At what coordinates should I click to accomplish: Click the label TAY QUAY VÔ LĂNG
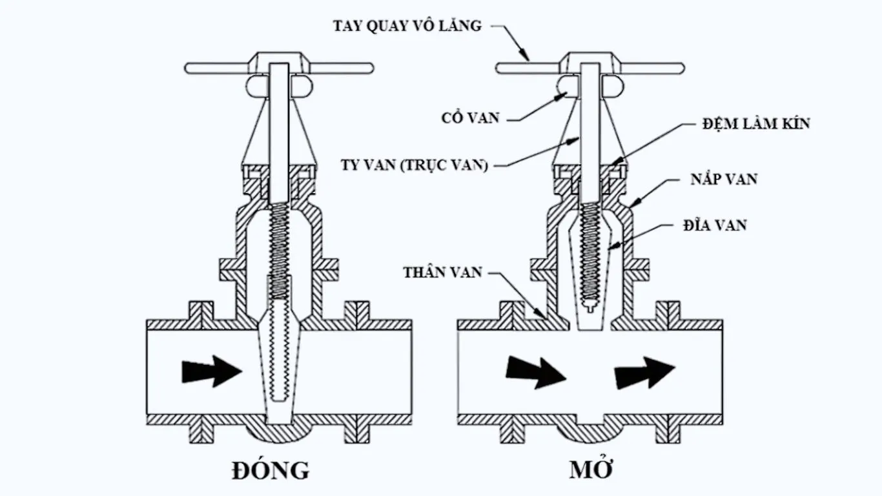(x=407, y=26)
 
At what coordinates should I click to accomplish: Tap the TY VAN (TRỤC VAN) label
(x=414, y=165)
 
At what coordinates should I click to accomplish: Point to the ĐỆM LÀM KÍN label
(x=755, y=123)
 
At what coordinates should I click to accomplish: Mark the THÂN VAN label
(x=443, y=272)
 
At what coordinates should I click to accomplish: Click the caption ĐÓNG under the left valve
(x=271, y=470)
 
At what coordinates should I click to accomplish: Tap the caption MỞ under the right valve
(x=590, y=470)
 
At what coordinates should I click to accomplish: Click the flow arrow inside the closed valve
(x=212, y=371)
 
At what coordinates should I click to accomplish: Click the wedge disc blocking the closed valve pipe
(x=279, y=375)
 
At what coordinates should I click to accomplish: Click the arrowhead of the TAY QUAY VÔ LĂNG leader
(x=527, y=58)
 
